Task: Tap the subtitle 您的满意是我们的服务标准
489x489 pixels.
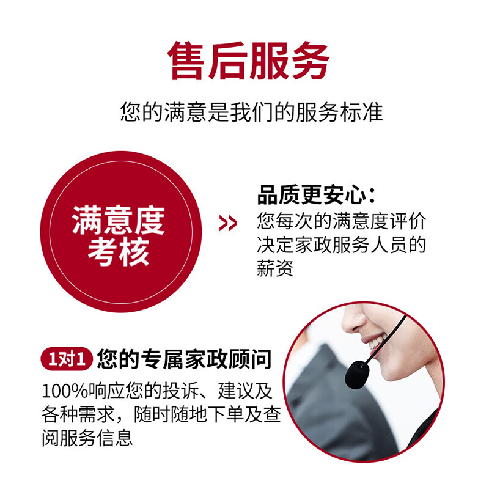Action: click(x=251, y=113)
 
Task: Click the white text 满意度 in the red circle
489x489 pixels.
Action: click(x=119, y=221)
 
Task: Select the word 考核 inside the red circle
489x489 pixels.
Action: click(x=119, y=251)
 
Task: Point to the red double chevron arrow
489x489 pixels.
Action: click(x=228, y=224)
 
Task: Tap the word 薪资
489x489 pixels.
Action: click(x=275, y=268)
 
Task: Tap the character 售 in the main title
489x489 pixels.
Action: click(x=188, y=61)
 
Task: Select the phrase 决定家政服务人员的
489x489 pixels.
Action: click(x=340, y=244)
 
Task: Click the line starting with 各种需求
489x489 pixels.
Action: click(x=161, y=415)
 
